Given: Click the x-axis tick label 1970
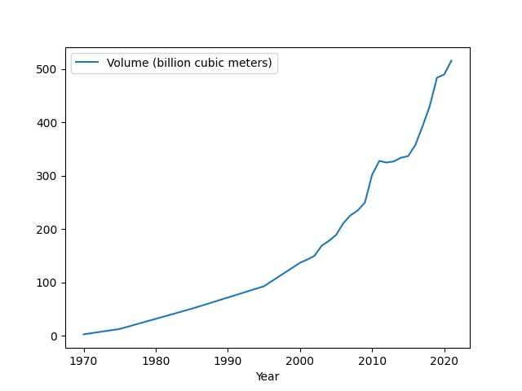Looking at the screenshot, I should click(84, 361).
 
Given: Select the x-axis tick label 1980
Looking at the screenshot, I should click(156, 361).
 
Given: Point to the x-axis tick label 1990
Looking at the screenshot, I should click(228, 361).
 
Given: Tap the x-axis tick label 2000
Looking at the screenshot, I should click(300, 361).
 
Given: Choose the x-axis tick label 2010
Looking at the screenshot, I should click(372, 361).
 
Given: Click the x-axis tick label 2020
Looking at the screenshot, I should click(444, 361).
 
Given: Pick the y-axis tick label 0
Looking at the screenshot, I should click(54, 336).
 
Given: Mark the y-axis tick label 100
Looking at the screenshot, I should click(48, 283).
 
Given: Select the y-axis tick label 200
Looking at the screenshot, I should click(48, 230).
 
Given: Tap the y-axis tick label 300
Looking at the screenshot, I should click(48, 176).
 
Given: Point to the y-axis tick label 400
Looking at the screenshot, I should click(48, 123).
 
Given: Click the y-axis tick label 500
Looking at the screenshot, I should click(48, 69).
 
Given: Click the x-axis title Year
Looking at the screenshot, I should click(268, 376).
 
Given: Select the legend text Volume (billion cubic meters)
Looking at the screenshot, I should click(190, 64).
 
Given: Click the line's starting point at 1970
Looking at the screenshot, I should click(84, 334).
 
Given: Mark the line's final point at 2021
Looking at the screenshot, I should click(451, 60).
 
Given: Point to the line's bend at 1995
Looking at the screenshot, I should click(263, 286).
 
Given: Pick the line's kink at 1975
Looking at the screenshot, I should click(120, 329).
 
